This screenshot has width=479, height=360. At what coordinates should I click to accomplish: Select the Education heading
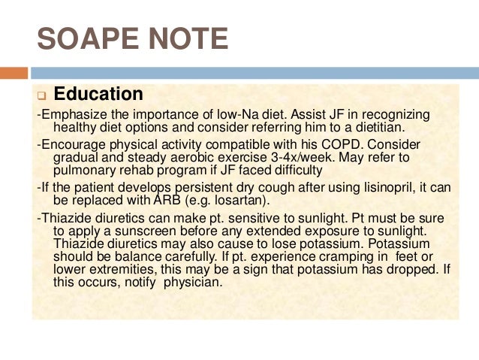pos(98,95)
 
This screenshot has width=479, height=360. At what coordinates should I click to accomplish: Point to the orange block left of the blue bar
pos(14,73)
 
